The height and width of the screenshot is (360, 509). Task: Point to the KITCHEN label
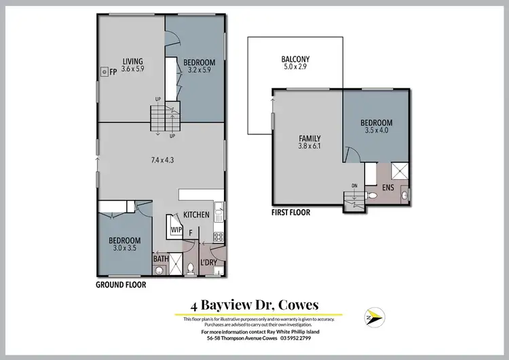click(196, 215)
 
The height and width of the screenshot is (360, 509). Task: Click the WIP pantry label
click(176, 230)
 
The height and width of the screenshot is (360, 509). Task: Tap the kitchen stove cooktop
click(219, 237)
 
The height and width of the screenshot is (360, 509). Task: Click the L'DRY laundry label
click(209, 262)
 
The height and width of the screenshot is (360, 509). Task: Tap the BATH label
click(161, 259)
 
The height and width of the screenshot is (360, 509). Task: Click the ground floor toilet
click(191, 268)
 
